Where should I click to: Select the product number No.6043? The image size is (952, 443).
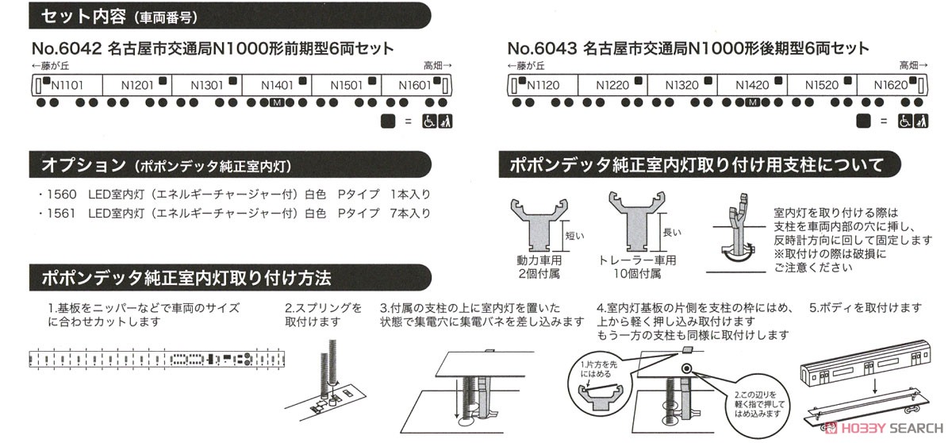pyautogui.click(x=542, y=48)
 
